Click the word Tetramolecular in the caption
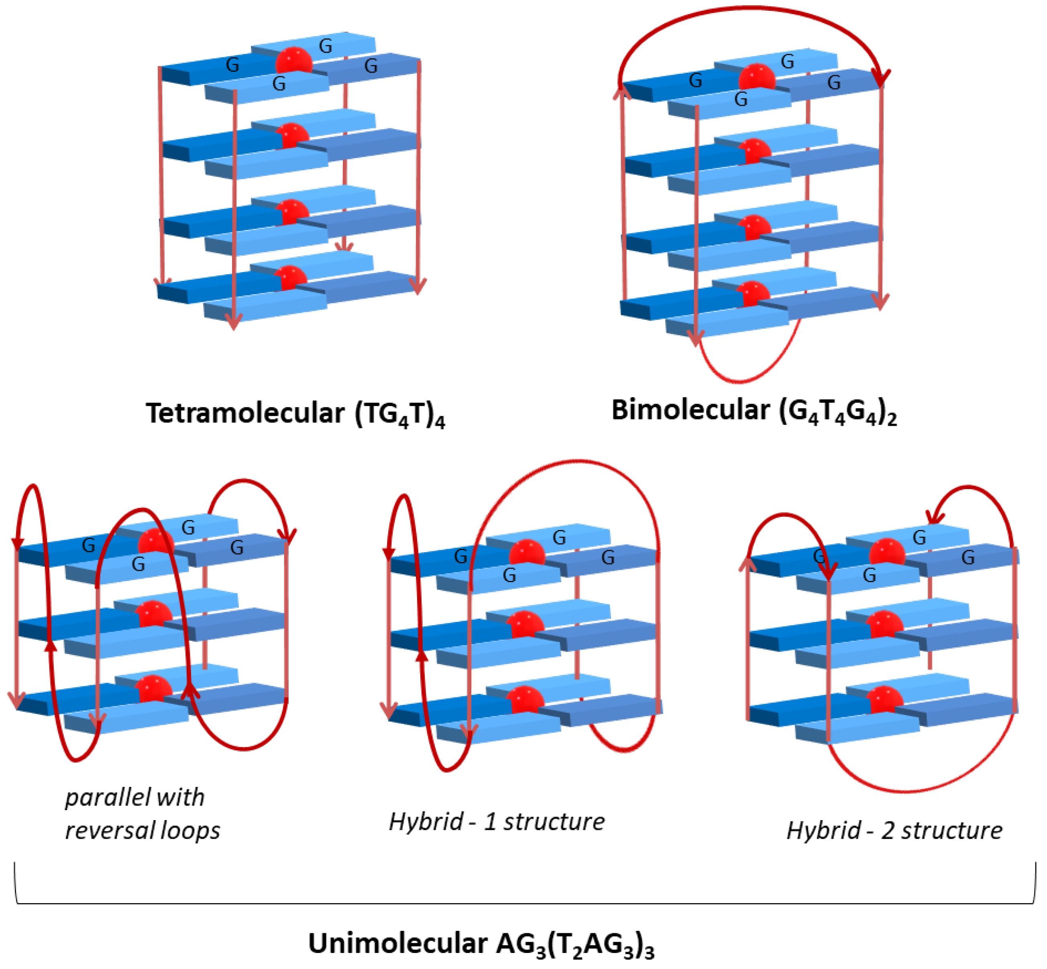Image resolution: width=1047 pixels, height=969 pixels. coord(245,413)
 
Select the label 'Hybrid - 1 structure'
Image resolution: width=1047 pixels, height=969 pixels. coord(496,822)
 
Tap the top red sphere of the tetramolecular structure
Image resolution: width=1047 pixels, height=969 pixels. coord(294,61)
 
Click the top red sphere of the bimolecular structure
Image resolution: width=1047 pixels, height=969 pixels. coord(757,77)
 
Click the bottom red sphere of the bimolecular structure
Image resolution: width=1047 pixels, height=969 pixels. coord(753,294)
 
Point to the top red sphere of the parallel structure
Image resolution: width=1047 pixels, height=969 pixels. coord(156,541)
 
